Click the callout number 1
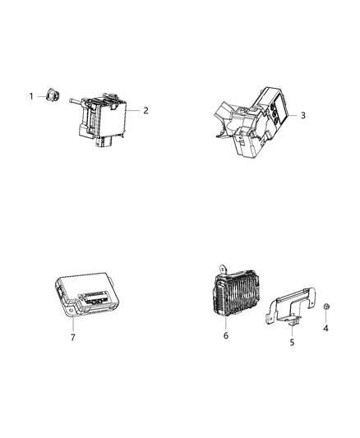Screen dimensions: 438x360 [x=32, y=96]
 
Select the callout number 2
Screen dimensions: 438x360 [x=146, y=110]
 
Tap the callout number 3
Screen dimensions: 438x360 [x=302, y=116]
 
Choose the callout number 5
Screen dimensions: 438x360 [x=291, y=341]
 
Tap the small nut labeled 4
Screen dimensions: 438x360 [x=325, y=307]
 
